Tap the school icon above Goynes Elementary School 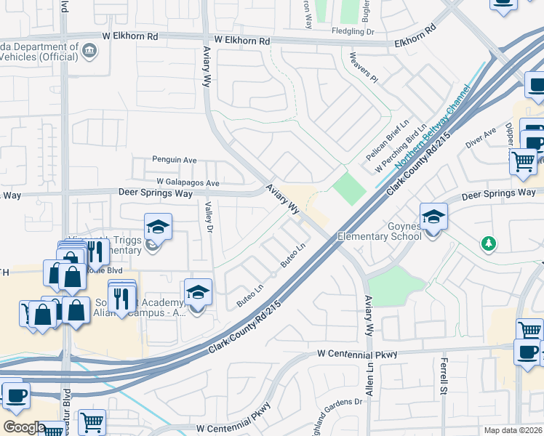pyautogui.click(x=433, y=217)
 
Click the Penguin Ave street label pyautogui.click(x=175, y=160)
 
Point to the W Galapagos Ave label pyautogui.click(x=187, y=182)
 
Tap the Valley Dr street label pyautogui.click(x=209, y=217)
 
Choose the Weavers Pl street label pyautogui.click(x=364, y=65)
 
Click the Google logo pyautogui.click(x=24, y=427)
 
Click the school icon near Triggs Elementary pyautogui.click(x=158, y=227)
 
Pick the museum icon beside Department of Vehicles pyautogui.click(x=89, y=50)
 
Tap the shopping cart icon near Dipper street pyautogui.click(x=523, y=161)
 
